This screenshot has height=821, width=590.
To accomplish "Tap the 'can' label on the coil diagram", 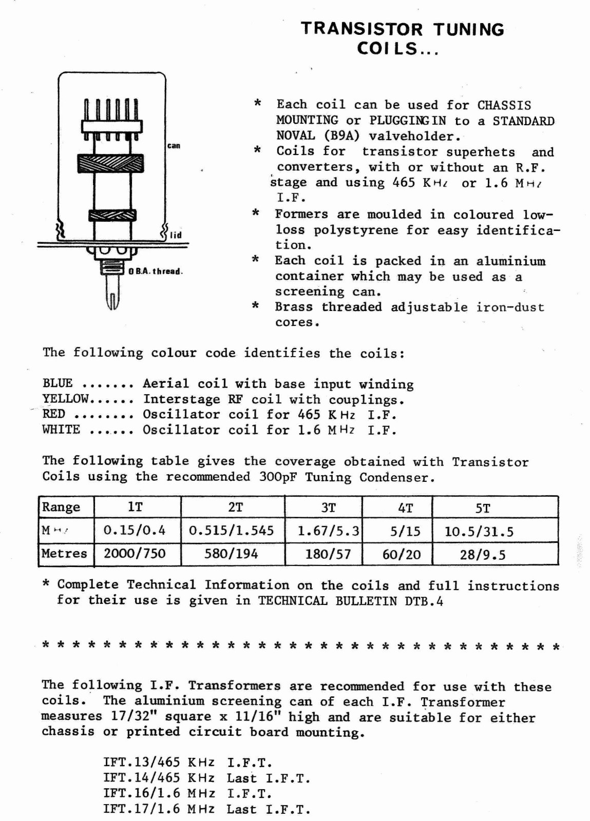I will (174, 146).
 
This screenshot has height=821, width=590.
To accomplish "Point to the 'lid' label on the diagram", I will (176, 235).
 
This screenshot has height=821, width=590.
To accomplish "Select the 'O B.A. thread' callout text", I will (156, 271).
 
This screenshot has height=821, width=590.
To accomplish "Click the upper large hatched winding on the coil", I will (110, 164).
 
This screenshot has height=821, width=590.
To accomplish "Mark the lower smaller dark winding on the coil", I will (112, 216).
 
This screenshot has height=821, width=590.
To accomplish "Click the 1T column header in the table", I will (135, 507).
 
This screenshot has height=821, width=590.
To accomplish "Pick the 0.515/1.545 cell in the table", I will (232, 531).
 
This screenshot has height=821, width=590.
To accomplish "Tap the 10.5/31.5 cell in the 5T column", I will (479, 532).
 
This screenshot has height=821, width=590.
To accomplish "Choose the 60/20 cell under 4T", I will (402, 554).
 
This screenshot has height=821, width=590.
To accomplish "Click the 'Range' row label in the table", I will (61, 507).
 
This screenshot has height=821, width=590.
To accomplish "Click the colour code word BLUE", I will (58, 383).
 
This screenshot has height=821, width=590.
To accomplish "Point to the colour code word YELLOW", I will (66, 399).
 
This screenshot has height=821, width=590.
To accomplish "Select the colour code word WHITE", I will (61, 429).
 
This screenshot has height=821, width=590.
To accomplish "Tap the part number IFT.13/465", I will (141, 763).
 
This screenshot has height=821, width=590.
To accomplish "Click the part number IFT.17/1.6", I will (141, 809).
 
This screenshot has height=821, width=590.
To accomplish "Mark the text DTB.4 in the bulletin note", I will (424, 601).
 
